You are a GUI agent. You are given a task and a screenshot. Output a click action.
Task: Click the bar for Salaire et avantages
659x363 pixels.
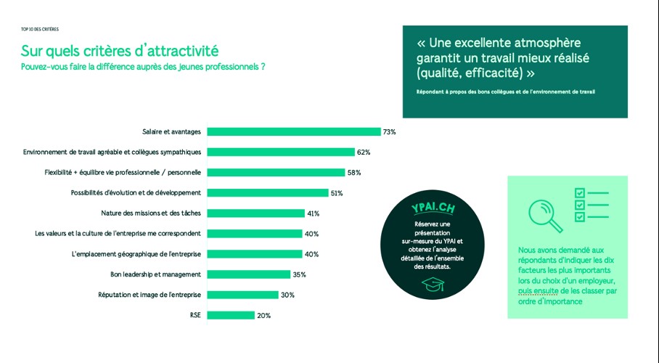pos(293,131)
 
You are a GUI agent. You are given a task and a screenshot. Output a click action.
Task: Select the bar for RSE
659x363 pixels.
pos(231,315)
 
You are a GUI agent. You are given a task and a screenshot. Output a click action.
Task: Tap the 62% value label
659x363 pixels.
pos(364,152)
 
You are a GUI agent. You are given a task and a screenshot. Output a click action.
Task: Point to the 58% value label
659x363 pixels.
pos(354,173)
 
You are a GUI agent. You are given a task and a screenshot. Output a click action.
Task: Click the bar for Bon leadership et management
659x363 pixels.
pos(248,274)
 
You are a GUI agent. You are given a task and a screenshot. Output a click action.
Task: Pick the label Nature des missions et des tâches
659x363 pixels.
pos(151,213)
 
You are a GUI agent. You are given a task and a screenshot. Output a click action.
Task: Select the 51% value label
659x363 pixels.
pos(336,193)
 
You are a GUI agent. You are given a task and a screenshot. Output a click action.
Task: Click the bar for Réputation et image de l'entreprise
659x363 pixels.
pos(242,295)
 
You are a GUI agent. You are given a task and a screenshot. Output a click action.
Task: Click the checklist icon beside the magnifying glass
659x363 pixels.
pos(591,205)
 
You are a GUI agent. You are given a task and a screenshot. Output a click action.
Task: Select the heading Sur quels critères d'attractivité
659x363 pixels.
pos(119,51)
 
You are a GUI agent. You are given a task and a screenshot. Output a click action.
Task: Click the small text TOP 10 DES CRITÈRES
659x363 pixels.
pos(40,29)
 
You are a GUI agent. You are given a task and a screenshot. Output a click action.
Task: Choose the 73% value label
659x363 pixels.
pos(390,132)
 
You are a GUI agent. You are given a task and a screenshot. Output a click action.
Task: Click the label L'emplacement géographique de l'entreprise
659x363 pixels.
pos(136,254)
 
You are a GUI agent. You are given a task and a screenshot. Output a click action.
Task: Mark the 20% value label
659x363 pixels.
pos(263,316)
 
